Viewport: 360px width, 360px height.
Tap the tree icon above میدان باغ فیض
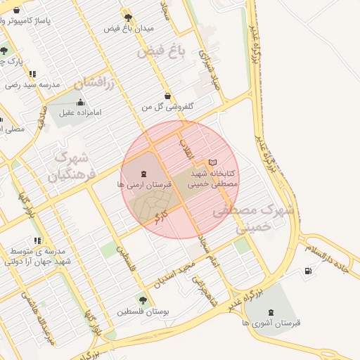(127, 17)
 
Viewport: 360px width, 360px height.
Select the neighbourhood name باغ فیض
(155, 51)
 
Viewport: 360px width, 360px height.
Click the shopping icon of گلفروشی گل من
(167, 96)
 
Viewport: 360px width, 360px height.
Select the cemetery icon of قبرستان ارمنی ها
(143, 173)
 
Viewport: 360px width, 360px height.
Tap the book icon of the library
(212, 162)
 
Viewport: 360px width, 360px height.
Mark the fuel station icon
(309, 271)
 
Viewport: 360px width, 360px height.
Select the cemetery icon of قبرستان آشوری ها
(272, 312)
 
